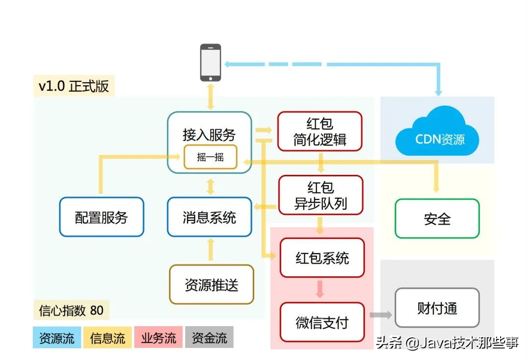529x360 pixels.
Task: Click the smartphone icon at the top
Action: pos(211,62)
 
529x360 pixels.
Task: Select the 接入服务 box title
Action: pos(209,134)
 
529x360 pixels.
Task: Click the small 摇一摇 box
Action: pos(210,157)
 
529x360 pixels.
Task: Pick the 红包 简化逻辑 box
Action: pos(320,131)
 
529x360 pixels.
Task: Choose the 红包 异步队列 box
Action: pos(321,195)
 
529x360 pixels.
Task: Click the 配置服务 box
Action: pos(101,217)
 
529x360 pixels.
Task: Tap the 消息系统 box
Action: pos(209,217)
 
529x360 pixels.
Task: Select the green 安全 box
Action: pos(437,218)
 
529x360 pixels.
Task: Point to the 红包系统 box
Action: pos(322,258)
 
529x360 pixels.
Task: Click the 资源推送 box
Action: pos(212,284)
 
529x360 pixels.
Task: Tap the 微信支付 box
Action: pos(322,322)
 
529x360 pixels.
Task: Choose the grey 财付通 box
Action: pos(437,308)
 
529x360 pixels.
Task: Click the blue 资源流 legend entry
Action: pos(57,337)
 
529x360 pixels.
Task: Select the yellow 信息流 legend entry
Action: pos(108,337)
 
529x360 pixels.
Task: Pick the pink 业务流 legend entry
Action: pos(158,337)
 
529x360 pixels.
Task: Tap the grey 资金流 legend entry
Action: pos(209,337)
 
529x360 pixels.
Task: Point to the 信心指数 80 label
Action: pos(71,310)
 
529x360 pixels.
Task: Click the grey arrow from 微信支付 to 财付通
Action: pos(381,315)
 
